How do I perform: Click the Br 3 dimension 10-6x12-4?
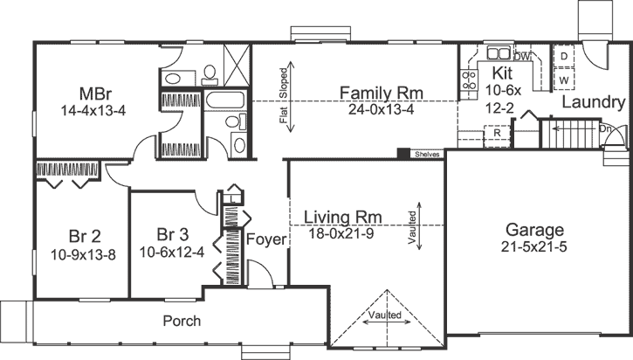click(171, 253)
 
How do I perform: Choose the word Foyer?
click(265, 239)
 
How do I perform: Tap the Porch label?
click(182, 321)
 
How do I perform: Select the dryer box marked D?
click(565, 57)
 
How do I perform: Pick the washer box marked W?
click(565, 80)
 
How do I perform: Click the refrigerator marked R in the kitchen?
click(498, 133)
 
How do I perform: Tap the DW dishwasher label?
click(522, 57)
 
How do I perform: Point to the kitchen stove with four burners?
click(467, 81)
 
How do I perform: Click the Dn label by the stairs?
click(607, 128)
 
